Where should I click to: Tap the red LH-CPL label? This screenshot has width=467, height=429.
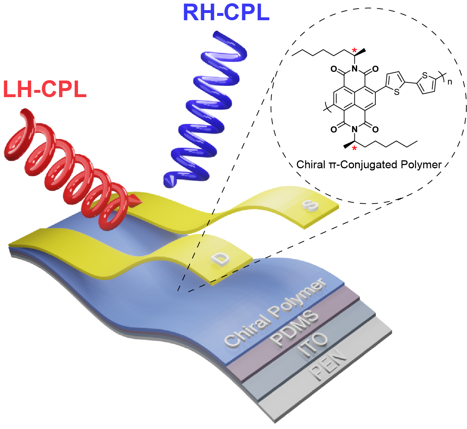45,89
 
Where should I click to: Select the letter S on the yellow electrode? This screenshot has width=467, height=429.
311,206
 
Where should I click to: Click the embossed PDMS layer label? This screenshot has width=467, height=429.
295,329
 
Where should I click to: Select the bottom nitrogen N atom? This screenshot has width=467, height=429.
354,129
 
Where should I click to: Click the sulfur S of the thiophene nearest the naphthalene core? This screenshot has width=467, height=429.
397,92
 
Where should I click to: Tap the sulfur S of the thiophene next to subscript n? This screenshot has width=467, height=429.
425,75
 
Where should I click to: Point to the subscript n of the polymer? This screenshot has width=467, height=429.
449,82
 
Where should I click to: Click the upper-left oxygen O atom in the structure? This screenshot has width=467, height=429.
333,69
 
